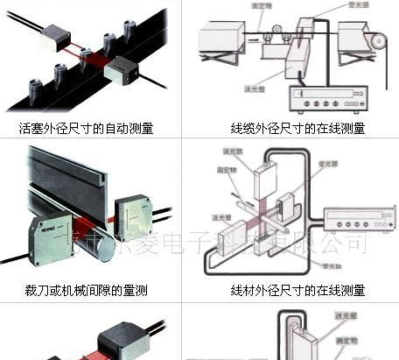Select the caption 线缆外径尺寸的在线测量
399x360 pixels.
[x=297, y=128]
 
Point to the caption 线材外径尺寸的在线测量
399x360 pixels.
[x=297, y=290]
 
